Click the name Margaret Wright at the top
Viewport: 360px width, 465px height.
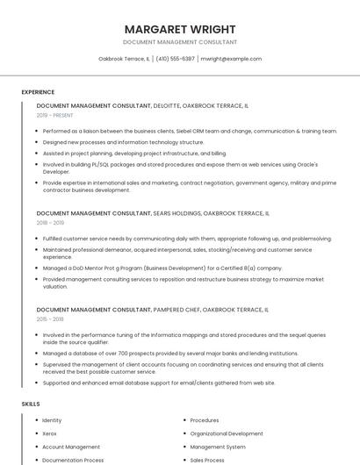tap(179, 29)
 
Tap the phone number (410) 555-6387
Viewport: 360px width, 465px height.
tap(175, 59)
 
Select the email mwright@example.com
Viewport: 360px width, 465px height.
tap(231, 59)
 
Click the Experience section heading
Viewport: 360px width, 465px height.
tap(38, 92)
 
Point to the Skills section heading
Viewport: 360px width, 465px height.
tap(31, 404)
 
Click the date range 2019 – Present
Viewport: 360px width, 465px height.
tap(54, 115)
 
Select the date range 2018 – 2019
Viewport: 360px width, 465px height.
tap(51, 223)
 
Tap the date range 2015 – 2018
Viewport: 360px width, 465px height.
tap(51, 319)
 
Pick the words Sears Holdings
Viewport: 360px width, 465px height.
tap(176, 213)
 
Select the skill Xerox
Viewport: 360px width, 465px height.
tap(49, 433)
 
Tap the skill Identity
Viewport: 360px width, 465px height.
tap(52, 420)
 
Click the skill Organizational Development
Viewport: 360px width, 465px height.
tap(226, 433)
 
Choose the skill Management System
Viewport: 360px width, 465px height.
tap(218, 447)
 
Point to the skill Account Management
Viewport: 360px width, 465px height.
tap(71, 447)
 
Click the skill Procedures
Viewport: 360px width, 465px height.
tap(205, 420)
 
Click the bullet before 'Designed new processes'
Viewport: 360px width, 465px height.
tap(38, 142)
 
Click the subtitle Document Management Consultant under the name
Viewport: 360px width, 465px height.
tap(179, 42)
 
